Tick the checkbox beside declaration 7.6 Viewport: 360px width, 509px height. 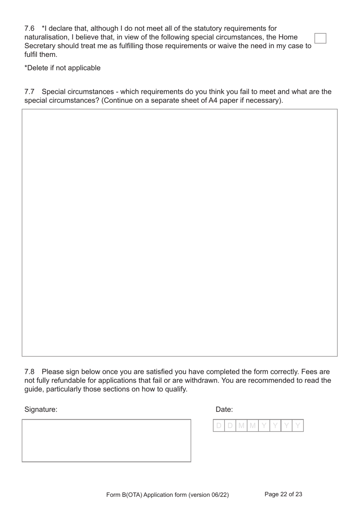pyautogui.click(x=320, y=38)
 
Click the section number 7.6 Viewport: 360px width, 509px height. pyautogui.click(x=30, y=28)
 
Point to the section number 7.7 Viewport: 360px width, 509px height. pyautogui.click(x=30, y=92)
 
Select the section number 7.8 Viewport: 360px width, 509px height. pyautogui.click(x=30, y=372)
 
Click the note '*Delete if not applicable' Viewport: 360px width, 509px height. pyautogui.click(x=63, y=68)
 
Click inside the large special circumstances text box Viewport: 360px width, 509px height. pyautogui.click(x=180, y=233)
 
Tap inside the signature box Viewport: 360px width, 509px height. pyautogui.click(x=106, y=440)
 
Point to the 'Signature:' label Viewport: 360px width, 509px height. pyautogui.click(x=41, y=409)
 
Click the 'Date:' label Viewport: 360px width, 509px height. pyautogui.click(x=224, y=409)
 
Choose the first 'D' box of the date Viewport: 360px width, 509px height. pyautogui.click(x=219, y=426)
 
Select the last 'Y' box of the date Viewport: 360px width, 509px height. pyautogui.click(x=298, y=426)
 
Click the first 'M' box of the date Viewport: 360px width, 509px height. pyautogui.click(x=241, y=426)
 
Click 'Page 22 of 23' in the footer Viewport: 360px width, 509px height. pyautogui.click(x=283, y=494)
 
